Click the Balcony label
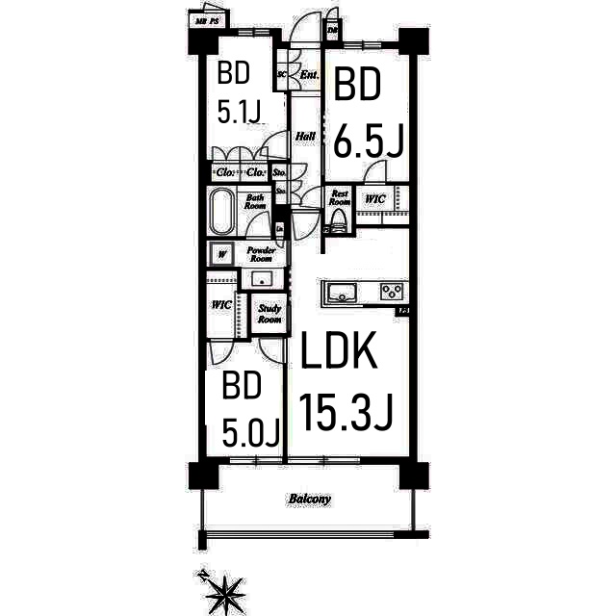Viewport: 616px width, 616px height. coord(309,500)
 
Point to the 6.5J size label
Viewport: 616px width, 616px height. coord(368,141)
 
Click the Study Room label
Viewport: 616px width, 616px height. coord(269,314)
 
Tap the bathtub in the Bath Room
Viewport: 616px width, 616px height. coord(221,211)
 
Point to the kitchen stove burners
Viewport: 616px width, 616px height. coord(392,292)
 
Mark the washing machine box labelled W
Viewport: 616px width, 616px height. coord(222,255)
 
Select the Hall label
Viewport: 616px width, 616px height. coord(305,137)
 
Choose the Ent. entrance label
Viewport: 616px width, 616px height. coord(309,75)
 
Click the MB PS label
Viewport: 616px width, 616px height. coord(205,20)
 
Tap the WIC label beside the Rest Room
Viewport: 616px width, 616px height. coord(374,200)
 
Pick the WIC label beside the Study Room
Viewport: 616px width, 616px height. coord(220,305)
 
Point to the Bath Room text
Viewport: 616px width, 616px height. coord(254,201)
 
